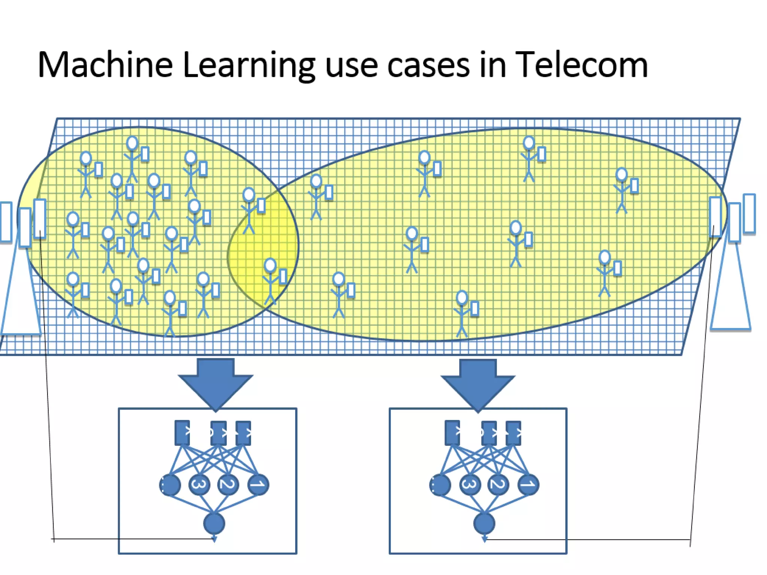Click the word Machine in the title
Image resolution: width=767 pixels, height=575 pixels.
click(x=105, y=65)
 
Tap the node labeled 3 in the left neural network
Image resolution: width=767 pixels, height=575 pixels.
click(x=199, y=485)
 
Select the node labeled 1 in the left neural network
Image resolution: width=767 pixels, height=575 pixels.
click(x=258, y=485)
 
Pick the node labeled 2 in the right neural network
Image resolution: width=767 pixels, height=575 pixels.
click(x=498, y=485)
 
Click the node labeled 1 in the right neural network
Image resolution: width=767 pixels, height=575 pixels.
click(x=528, y=485)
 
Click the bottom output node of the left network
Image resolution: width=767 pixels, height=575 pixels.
click(x=214, y=523)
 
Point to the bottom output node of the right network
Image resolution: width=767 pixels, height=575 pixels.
click(x=484, y=523)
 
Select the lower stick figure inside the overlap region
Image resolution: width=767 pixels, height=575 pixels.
click(x=270, y=281)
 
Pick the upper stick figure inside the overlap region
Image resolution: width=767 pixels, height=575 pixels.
click(x=249, y=210)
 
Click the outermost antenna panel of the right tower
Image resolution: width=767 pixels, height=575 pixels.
click(x=749, y=213)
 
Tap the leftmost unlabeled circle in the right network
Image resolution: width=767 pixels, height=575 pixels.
click(x=440, y=485)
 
